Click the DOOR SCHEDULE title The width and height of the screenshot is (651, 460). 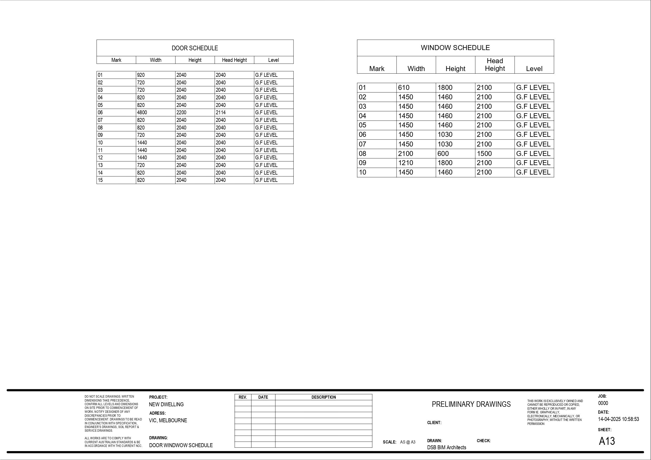tap(195, 48)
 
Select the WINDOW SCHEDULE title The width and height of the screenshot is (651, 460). tap(455, 48)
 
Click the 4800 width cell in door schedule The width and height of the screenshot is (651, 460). tap(142, 112)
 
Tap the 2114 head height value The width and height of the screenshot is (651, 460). tap(221, 112)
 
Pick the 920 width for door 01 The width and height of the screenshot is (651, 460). tap(141, 75)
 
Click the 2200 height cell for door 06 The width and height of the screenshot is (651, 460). tap(181, 112)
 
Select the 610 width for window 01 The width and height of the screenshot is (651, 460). tap(403, 88)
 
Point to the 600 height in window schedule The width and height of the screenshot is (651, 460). tap(443, 154)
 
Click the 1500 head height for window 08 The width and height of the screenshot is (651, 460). tap(484, 154)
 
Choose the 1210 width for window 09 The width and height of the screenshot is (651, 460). tap(405, 163)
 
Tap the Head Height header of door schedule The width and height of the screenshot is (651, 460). tap(234, 60)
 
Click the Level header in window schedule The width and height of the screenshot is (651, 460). tap(534, 69)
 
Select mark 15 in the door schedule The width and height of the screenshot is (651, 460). tap(100, 180)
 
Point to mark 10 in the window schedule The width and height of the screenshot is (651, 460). tap(362, 172)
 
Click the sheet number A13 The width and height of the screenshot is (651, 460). tap(607, 441)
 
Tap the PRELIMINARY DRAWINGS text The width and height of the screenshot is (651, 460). tap(471, 404)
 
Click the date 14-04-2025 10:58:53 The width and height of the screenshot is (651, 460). tap(618, 419)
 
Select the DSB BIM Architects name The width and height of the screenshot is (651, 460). tap(447, 447)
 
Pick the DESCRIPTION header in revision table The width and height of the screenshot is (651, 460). tap(323, 397)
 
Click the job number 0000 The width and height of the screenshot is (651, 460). tap(603, 403)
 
